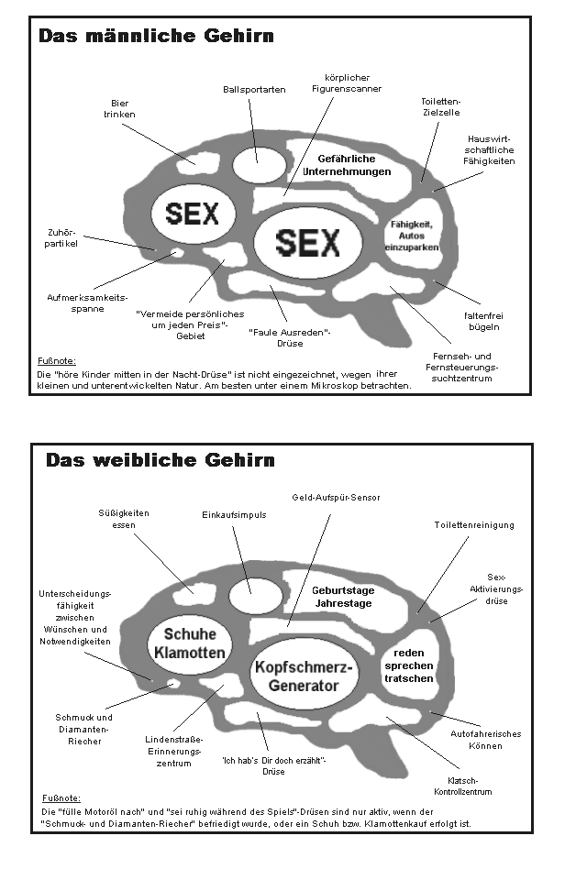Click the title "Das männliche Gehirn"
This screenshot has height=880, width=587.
pos(155,37)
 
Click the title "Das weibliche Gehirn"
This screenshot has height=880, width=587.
pos(160,459)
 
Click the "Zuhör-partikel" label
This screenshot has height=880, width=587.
pos(63,238)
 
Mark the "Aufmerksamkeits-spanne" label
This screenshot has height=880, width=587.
pos(87,302)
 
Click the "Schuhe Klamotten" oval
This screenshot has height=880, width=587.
pos(190,643)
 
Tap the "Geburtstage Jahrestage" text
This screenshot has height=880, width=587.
pos(342,597)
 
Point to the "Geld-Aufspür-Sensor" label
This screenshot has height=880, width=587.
pos(336,498)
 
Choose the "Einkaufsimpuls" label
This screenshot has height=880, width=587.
pos(234,515)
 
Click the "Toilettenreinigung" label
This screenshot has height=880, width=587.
pos(474,525)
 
